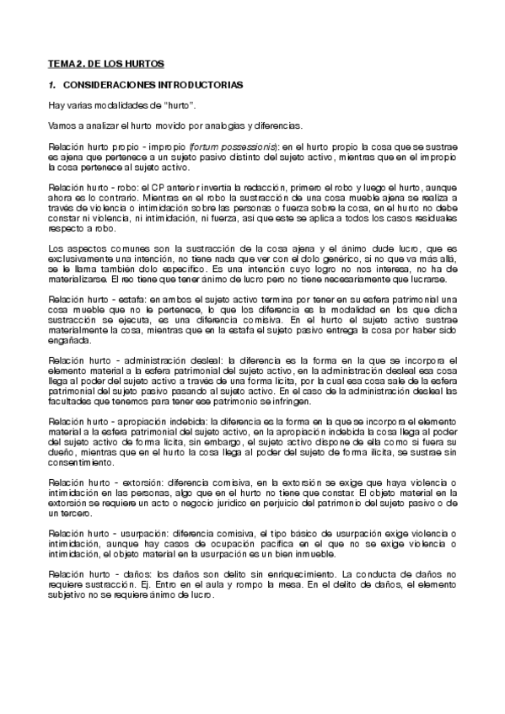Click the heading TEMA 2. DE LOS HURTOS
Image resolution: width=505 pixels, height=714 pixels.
pyautogui.click(x=106, y=64)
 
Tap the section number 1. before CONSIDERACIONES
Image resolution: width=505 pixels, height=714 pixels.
pyautogui.click(x=51, y=86)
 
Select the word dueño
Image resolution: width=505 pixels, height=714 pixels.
pyautogui.click(x=65, y=450)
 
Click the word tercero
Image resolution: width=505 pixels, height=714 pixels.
pyautogui.click(x=67, y=512)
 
